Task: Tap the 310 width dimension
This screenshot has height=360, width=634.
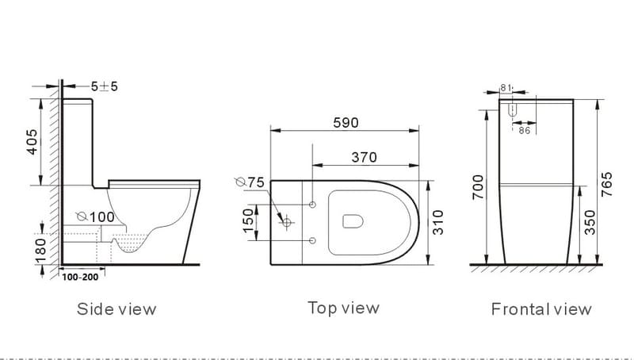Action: [438, 224]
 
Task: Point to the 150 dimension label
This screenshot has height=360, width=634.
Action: [249, 222]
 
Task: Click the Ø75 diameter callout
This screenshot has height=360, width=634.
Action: [250, 182]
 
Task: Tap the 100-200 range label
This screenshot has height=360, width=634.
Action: [79, 279]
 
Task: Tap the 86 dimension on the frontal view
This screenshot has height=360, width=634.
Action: [524, 130]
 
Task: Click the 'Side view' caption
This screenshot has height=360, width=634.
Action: [116, 308]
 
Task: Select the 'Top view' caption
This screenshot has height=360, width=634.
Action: [343, 308]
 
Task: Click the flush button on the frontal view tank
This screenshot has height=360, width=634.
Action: [513, 110]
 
